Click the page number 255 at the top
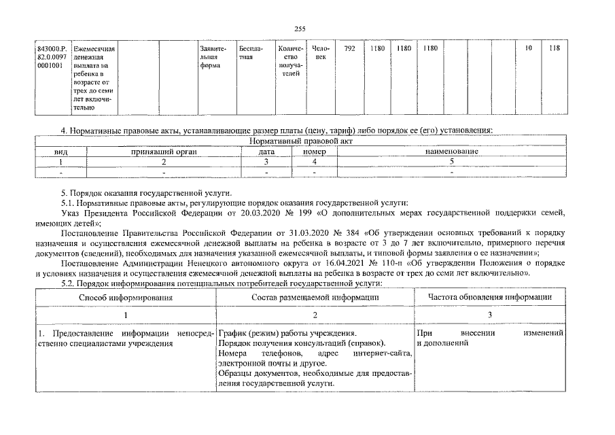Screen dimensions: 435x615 pyautogui.click(x=300, y=28)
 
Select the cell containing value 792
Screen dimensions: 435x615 pyautogui.click(x=349, y=49)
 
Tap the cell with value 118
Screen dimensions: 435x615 pyautogui.click(x=555, y=49)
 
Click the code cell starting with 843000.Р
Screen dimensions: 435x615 pyautogui.click(x=52, y=58)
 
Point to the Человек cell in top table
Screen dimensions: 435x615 pyautogui.click(x=320, y=53)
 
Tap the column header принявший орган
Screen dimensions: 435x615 pyautogui.click(x=164, y=152)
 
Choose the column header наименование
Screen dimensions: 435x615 pyautogui.click(x=452, y=152)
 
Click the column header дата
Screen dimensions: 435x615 pyautogui.click(x=266, y=152)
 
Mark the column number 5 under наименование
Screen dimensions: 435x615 pyautogui.click(x=452, y=162)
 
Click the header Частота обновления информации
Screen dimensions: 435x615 pyautogui.click(x=489, y=297)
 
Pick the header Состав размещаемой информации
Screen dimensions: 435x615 pyautogui.click(x=315, y=297)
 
